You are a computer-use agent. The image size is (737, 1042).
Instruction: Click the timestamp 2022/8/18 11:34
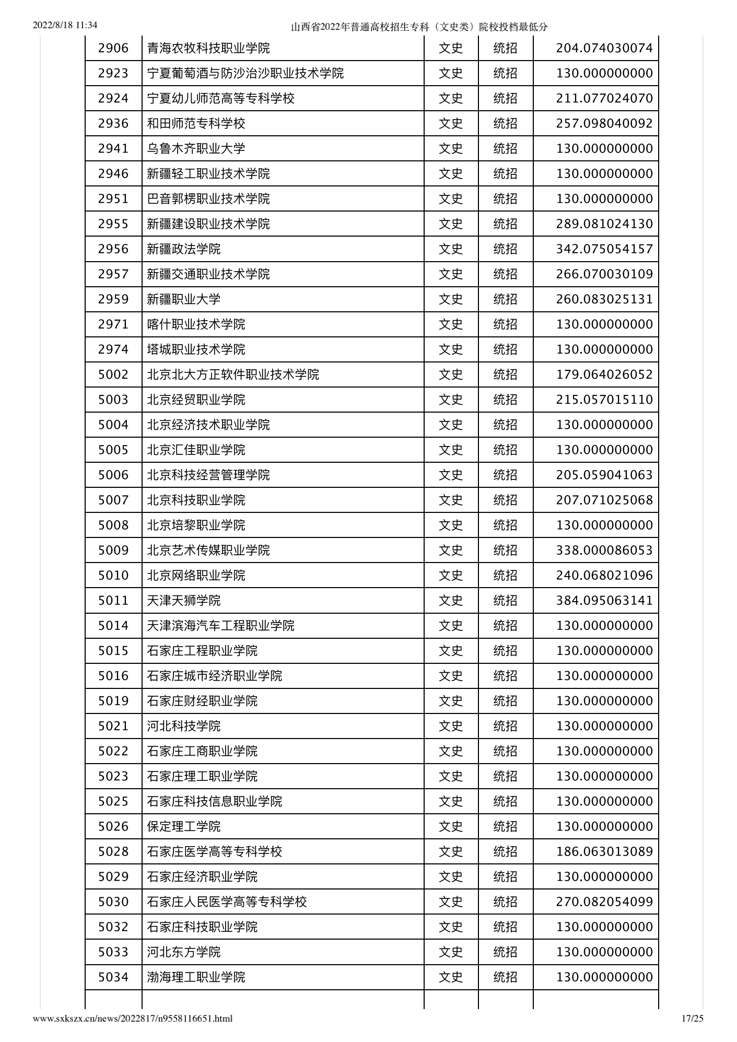click(x=65, y=25)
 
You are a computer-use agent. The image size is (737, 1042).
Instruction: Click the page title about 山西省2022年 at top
click(x=419, y=27)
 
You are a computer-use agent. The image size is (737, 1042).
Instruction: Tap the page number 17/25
click(x=693, y=1018)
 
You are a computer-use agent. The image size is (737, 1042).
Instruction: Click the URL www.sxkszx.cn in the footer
click(x=133, y=1018)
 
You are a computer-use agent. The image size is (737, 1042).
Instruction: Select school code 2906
click(x=113, y=49)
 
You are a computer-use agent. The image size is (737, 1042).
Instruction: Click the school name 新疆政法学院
click(x=184, y=249)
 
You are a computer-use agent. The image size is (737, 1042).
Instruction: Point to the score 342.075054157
click(x=604, y=249)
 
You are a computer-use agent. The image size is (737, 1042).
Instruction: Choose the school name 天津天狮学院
click(x=184, y=601)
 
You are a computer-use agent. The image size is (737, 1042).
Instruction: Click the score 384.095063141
click(x=604, y=601)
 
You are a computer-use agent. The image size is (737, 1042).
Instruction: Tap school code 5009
click(x=113, y=551)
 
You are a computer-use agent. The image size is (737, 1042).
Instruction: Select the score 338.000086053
click(x=604, y=551)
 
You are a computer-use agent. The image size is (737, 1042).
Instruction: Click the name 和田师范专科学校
click(x=196, y=124)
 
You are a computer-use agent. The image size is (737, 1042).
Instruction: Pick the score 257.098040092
click(x=604, y=124)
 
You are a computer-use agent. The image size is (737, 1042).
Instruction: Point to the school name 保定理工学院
click(x=184, y=827)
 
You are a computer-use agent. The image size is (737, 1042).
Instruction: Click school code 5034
click(x=113, y=977)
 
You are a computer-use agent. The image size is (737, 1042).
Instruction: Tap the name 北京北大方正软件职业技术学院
click(x=233, y=375)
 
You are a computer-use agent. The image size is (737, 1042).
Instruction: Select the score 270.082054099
click(x=604, y=902)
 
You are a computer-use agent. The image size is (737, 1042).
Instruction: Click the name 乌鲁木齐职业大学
click(x=196, y=149)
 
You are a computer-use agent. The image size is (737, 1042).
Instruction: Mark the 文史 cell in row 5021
click(x=451, y=726)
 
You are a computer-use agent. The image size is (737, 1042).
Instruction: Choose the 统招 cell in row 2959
click(x=505, y=299)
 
